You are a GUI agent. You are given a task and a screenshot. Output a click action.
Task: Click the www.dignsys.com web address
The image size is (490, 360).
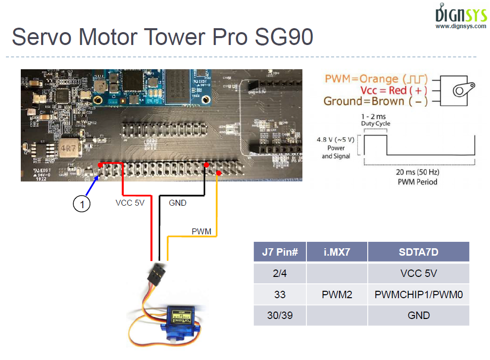point(460,26)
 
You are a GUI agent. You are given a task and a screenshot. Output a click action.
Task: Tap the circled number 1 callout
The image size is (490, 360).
point(82,204)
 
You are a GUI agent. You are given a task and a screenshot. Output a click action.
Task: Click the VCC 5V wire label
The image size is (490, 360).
point(130,203)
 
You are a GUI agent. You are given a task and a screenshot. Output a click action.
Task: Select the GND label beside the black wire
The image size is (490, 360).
point(178,203)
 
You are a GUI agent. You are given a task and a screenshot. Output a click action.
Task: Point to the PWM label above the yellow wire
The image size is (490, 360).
point(201,231)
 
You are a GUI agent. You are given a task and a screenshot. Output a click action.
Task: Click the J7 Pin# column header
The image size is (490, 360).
point(280,252)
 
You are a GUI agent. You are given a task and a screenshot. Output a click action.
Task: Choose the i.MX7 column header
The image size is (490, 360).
point(337,252)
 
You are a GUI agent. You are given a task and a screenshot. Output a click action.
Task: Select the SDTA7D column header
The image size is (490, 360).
point(418,252)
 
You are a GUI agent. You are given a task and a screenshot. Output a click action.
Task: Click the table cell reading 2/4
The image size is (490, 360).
point(280,273)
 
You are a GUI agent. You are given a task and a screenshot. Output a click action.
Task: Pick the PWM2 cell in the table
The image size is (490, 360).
point(337,295)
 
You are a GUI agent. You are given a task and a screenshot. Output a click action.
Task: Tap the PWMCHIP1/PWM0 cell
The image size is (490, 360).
point(418,295)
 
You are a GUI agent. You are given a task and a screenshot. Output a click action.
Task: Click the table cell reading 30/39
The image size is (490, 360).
point(280,315)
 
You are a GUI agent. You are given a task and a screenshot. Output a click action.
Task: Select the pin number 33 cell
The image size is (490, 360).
point(280,295)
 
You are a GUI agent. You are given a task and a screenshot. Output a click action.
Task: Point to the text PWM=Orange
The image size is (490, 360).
point(361,79)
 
